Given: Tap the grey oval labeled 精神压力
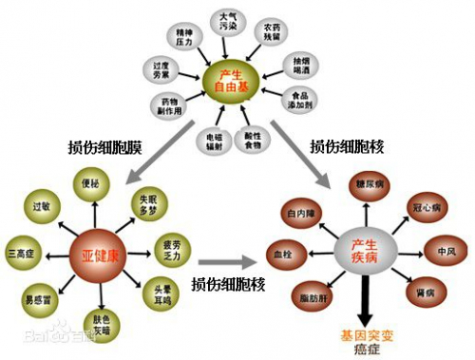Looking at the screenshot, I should point(182,37).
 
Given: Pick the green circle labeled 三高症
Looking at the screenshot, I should point(20,254).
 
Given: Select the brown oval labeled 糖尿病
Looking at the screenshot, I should point(368,183).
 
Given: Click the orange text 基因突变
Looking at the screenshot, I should point(364,335).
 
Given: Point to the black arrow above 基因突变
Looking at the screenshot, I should point(364,304).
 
